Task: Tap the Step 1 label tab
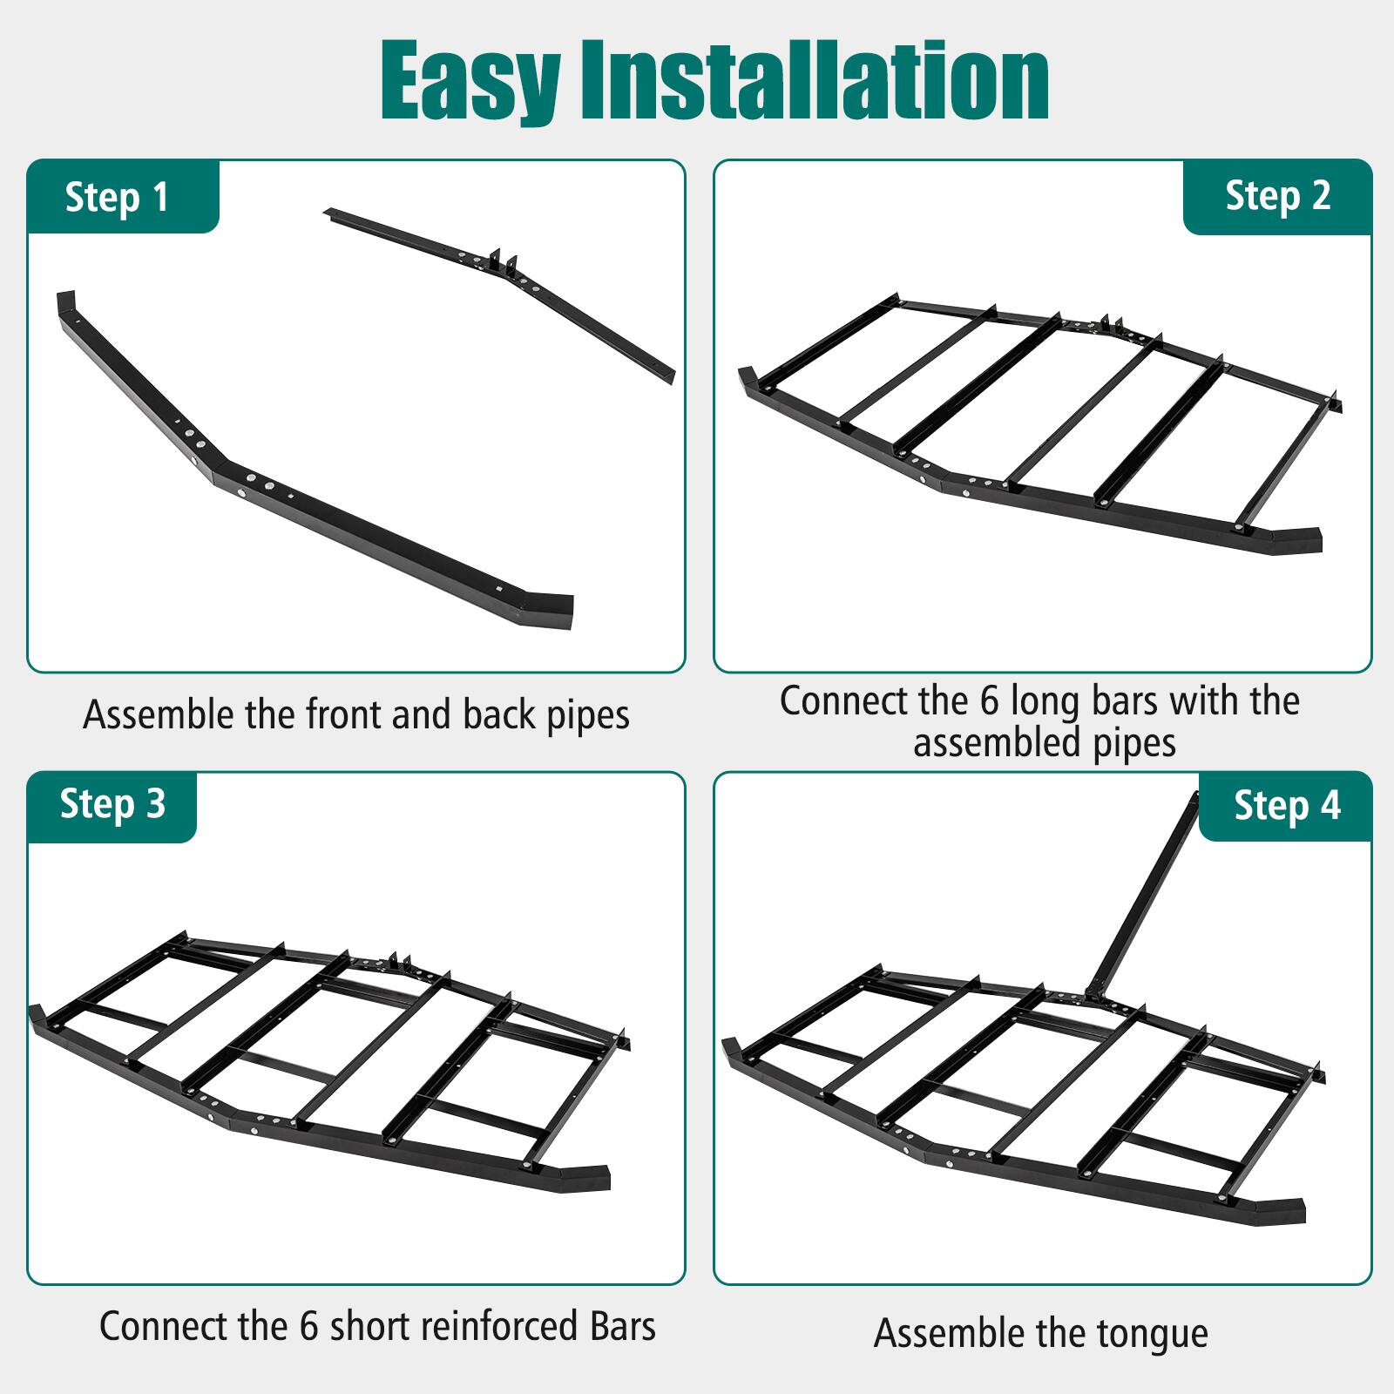point(117,198)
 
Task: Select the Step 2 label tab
point(1277,195)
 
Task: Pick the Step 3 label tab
point(112,803)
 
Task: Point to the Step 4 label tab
point(1287,805)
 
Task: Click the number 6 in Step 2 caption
point(990,701)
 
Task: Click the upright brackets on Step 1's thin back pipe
point(504,261)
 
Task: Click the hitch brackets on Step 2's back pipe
point(1110,323)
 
